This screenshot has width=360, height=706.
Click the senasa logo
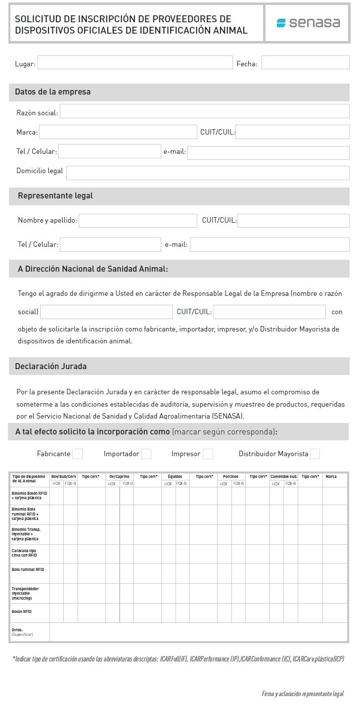point(308,23)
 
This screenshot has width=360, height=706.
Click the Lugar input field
point(135,62)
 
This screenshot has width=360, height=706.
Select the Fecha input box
point(305,62)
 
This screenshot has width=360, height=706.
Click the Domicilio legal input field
point(208,172)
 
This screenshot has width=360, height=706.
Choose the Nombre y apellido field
point(137,220)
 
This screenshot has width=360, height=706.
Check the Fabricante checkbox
point(77,454)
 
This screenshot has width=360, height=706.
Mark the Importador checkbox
point(146,454)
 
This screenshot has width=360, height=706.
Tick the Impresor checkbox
point(208,454)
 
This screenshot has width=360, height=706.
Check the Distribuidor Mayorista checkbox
point(315,454)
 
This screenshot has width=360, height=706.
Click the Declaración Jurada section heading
point(51,367)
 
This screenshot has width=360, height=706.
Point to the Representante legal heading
point(55,196)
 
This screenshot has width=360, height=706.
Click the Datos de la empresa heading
point(53,92)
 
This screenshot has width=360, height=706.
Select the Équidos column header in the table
point(175,476)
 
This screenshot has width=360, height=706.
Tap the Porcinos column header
point(230,476)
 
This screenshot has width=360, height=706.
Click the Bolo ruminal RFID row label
point(28,569)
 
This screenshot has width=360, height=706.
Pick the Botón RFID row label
point(22,612)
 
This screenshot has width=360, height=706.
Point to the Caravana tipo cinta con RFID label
point(24,553)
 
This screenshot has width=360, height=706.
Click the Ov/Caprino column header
point(119,476)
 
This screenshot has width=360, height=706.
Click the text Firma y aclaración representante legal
point(303,694)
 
